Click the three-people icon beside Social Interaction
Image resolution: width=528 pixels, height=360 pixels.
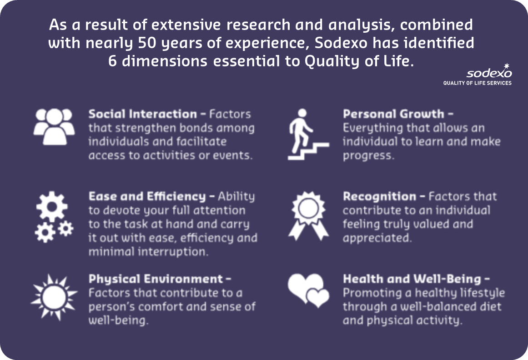(54, 126)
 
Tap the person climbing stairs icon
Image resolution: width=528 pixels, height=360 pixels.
(308, 134)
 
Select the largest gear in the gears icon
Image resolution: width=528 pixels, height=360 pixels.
(52, 206)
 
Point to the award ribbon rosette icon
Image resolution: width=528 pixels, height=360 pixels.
(308, 215)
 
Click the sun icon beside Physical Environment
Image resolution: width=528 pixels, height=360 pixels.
(54, 297)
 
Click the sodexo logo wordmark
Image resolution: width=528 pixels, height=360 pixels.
(489, 73)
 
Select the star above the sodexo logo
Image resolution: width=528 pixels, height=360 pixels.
(507, 66)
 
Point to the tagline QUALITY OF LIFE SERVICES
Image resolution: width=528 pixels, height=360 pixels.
(477, 83)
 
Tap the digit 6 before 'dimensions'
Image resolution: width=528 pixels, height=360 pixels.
(112, 61)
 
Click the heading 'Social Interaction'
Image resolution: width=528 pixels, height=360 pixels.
(143, 114)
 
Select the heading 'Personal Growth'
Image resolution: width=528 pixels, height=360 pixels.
(393, 115)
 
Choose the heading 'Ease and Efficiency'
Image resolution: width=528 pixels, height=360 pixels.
(147, 196)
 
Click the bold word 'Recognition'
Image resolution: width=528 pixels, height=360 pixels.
(379, 196)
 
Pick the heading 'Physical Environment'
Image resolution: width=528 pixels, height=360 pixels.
(156, 279)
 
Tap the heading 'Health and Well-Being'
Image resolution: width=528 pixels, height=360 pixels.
(412, 279)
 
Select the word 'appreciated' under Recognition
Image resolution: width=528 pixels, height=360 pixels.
(377, 238)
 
